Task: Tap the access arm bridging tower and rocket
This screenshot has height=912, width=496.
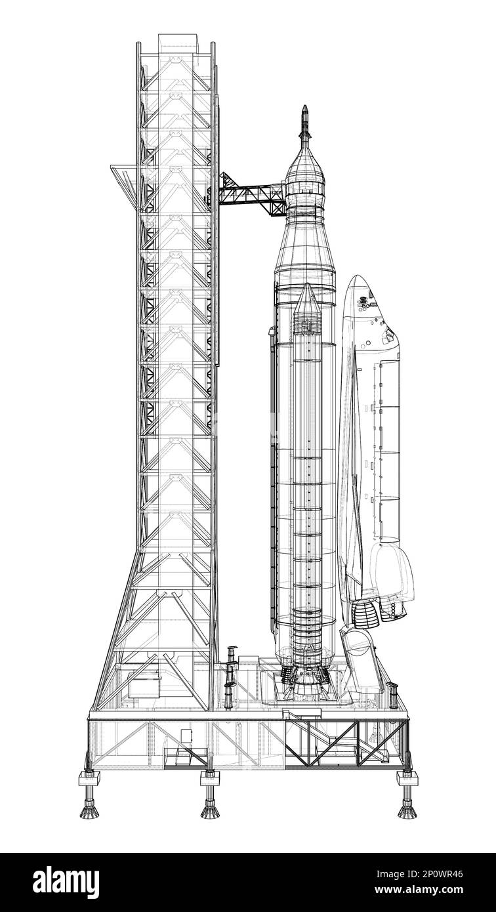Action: [252, 195]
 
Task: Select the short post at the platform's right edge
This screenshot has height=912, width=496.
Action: [392, 695]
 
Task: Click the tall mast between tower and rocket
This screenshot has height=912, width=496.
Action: [230, 676]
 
